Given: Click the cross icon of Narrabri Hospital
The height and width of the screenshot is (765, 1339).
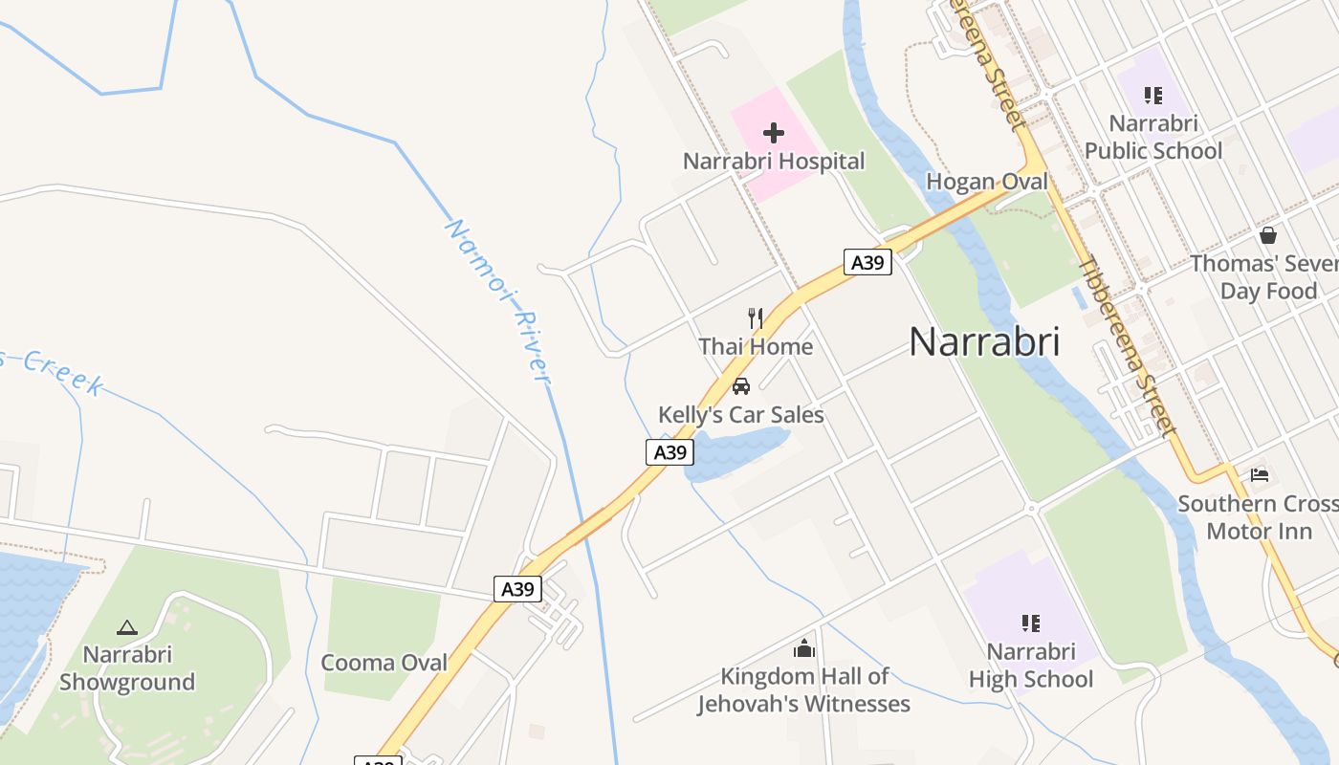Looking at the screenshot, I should pos(774,133).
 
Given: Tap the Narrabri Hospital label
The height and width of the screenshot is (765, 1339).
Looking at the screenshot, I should pos(774,162).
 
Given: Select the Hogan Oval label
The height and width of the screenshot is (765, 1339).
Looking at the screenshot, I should pos(987,182).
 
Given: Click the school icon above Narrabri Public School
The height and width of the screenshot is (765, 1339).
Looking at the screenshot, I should pos(1153,96).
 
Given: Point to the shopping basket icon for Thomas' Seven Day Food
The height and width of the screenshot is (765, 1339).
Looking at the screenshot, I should pos(1268,235).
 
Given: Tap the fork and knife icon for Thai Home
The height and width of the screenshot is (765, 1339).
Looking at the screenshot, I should pos(756,318).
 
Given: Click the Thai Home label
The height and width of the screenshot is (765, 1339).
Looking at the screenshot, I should pos(756,346).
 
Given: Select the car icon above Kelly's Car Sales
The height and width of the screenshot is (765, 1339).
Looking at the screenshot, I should pos(740,386).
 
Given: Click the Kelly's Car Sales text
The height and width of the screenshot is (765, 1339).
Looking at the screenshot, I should pos(740,414).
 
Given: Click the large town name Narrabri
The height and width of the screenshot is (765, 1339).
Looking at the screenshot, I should pos(984,341).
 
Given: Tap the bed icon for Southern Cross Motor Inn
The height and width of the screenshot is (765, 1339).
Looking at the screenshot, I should pos(1260,475).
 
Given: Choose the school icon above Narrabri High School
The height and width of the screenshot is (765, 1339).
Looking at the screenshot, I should pos(1030,623).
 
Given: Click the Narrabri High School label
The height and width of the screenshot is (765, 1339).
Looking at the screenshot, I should pos(1030,666).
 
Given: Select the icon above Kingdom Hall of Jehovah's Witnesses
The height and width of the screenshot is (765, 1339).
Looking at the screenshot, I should pos(804,649).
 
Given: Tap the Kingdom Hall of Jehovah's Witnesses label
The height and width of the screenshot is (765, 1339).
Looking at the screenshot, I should pos(803,690).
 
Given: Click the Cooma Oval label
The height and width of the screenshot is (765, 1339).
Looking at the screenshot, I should pos(384,663).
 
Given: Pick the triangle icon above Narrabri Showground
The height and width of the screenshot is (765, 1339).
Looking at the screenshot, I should pos(126,628).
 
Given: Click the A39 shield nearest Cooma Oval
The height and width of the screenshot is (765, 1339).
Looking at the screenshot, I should pos(517,589).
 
